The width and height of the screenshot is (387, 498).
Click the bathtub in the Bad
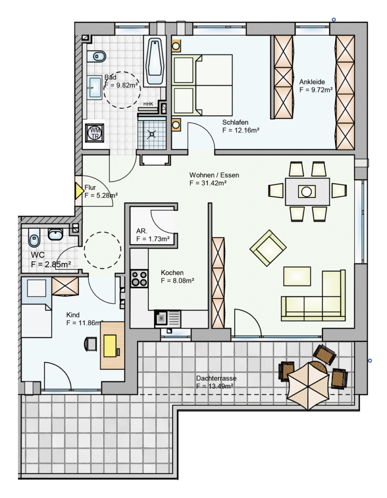point(155,61)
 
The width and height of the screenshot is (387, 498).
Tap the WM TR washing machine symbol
point(95,133)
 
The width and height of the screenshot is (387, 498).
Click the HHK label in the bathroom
point(148,104)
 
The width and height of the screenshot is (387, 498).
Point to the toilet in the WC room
point(34,237)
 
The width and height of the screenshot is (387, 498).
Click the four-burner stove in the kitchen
point(139,279)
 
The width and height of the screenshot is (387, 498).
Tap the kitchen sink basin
point(161,318)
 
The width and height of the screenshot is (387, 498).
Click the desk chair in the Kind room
point(91,344)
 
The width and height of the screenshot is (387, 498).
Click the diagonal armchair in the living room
point(268,248)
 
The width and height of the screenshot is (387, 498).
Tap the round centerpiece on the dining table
point(307,192)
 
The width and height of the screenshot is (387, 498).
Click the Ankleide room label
point(312,82)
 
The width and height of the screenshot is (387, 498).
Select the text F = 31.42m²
point(208,183)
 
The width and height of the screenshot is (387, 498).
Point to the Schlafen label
point(235,122)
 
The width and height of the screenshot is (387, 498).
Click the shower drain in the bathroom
point(152,134)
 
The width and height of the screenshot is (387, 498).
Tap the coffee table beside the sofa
point(297,276)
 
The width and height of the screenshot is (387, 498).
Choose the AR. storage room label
point(142,231)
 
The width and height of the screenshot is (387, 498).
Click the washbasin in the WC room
point(56,234)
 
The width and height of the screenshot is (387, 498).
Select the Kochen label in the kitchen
point(172,273)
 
